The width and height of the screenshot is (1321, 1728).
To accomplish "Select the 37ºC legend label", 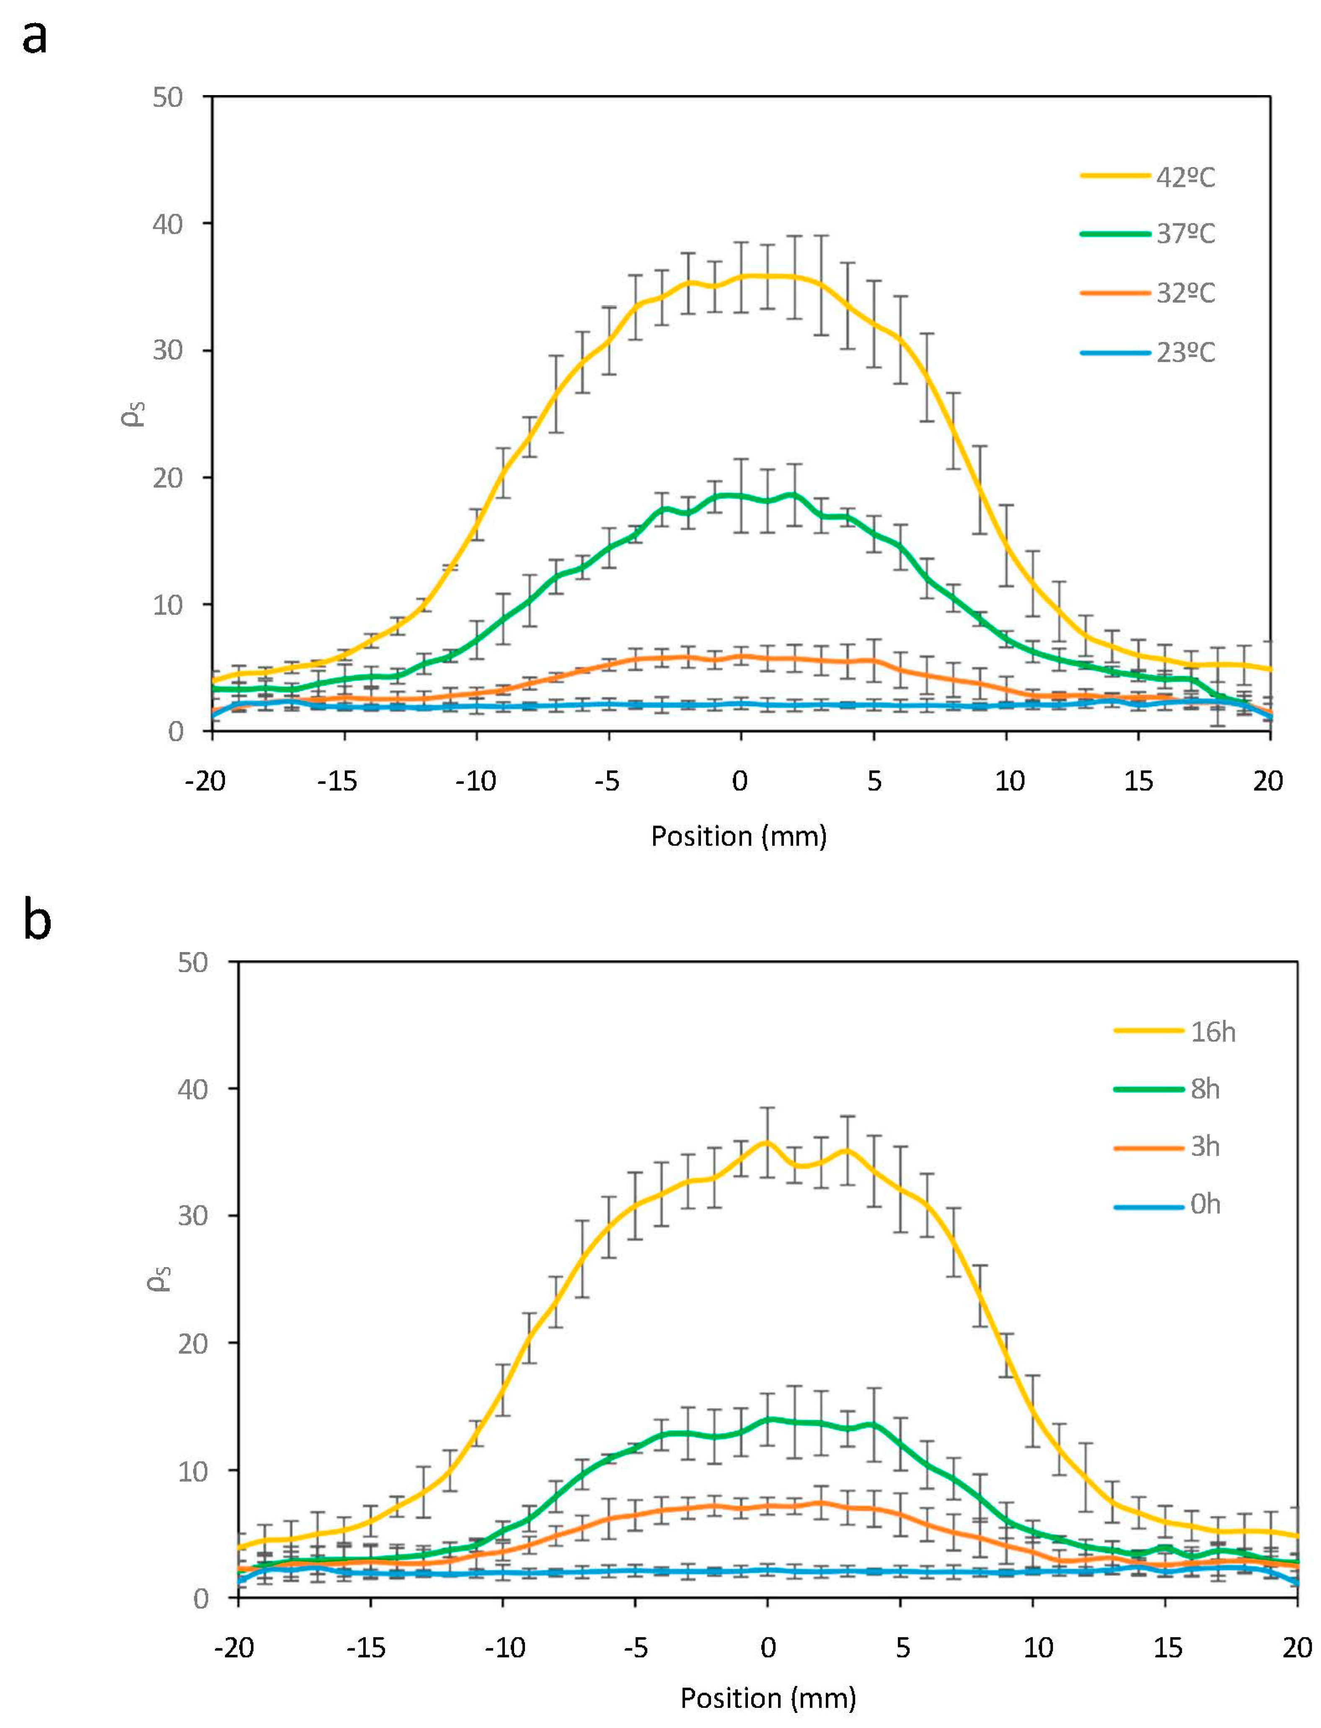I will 1185,234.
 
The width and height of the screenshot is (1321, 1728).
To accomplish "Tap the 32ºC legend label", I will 1185,293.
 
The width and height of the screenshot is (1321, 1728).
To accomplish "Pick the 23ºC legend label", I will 1185,352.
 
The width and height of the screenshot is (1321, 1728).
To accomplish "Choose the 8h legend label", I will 1205,1089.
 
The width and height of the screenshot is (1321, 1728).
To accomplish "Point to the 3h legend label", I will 1205,1147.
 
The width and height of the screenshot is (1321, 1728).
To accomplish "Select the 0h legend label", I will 1205,1204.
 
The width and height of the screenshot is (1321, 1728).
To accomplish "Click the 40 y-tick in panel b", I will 194,1089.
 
